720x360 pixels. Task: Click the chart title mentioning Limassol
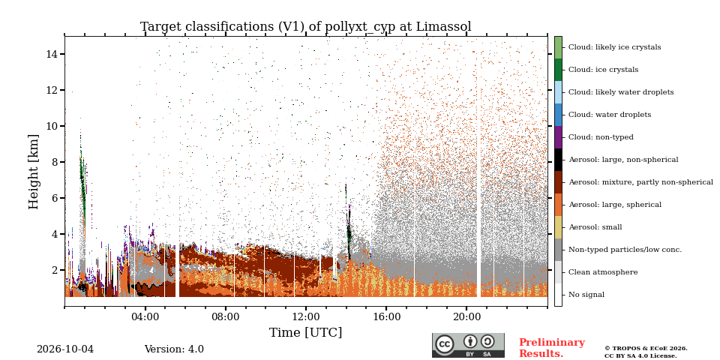306,27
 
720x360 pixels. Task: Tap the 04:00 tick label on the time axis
145,316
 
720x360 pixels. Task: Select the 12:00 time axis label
306,316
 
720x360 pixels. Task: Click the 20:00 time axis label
466,316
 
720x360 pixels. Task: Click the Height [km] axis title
34,172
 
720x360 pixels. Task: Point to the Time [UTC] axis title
306,332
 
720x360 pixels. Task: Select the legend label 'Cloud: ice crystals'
603,70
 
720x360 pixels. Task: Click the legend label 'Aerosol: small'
595,227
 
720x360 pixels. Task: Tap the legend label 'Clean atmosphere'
603,272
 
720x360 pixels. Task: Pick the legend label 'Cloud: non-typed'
601,137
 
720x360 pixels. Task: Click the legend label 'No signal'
586,295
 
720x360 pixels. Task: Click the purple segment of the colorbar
558,137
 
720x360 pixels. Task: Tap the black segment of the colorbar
558,160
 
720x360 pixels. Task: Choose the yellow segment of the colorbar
558,227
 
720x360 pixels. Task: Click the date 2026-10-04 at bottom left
65,349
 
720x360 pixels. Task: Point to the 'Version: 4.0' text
174,349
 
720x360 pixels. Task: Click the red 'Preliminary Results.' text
552,348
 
